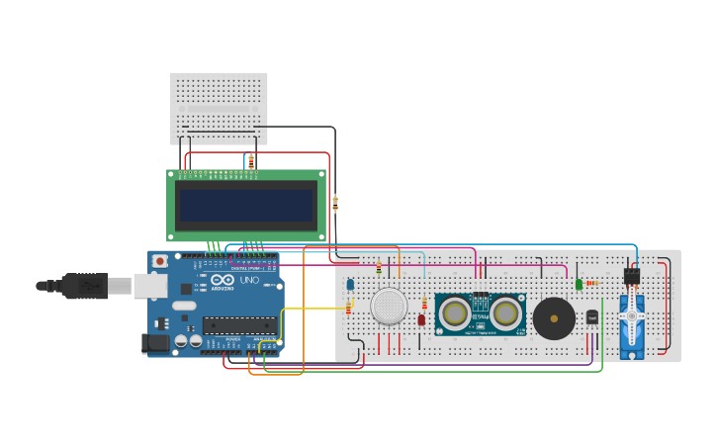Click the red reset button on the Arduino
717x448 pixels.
pyautogui.click(x=159, y=261)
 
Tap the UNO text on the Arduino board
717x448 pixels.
pyautogui.click(x=249, y=281)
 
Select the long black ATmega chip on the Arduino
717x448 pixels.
pyautogui.click(x=239, y=324)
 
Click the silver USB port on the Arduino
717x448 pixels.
pyautogui.click(x=150, y=286)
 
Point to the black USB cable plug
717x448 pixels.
pyautogui.click(x=84, y=286)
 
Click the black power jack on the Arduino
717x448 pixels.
pyautogui.click(x=155, y=343)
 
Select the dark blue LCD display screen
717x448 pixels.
pyautogui.click(x=245, y=205)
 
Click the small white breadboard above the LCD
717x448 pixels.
pyautogui.click(x=219, y=108)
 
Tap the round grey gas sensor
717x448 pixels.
pyautogui.click(x=389, y=306)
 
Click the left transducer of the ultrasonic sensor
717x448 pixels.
pyautogui.click(x=455, y=314)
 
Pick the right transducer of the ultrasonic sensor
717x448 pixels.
pyautogui.click(x=505, y=314)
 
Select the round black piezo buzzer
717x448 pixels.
pyautogui.click(x=554, y=318)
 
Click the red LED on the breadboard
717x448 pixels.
pyautogui.click(x=421, y=319)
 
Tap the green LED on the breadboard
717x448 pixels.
pyautogui.click(x=579, y=284)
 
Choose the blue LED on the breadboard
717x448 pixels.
pyautogui.click(x=350, y=285)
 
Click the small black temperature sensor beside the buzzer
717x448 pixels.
pyautogui.click(x=592, y=316)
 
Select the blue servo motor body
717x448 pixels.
pyautogui.click(x=632, y=326)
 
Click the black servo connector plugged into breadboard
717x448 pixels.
pyautogui.click(x=631, y=276)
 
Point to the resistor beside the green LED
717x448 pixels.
pyautogui.click(x=592, y=283)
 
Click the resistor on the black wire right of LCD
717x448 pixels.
pyautogui.click(x=335, y=204)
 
